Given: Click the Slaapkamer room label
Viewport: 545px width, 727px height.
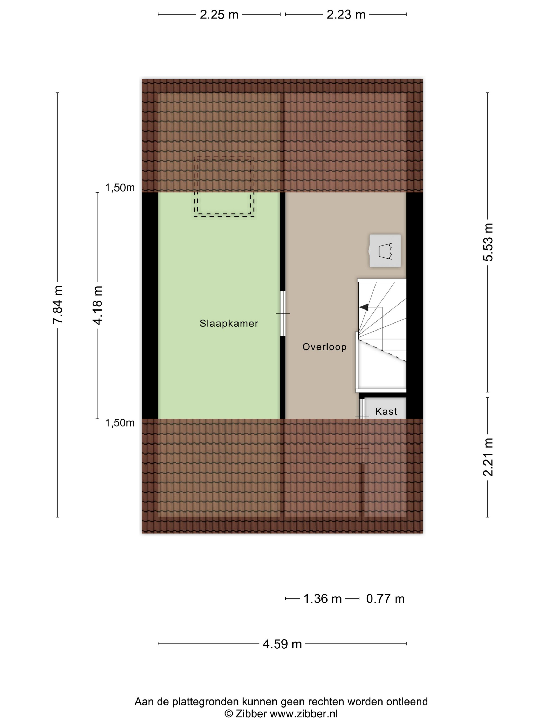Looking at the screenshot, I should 229,324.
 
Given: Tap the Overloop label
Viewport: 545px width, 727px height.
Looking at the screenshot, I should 324,347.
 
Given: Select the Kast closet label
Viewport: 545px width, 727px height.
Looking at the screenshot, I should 386,411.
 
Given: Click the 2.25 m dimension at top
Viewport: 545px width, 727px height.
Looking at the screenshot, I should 219,15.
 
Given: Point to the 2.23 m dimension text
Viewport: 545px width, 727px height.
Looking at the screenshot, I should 346,15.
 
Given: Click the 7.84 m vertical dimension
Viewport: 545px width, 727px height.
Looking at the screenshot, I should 58,305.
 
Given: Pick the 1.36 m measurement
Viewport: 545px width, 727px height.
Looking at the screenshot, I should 322,599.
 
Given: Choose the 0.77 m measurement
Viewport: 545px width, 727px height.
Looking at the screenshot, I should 385,599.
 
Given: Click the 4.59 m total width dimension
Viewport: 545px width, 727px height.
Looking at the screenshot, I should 282,644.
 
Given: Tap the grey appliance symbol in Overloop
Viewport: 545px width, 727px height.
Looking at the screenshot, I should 385,251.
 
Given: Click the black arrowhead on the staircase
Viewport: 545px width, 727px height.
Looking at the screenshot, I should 363,308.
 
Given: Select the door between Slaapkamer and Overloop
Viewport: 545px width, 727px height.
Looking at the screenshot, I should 283,314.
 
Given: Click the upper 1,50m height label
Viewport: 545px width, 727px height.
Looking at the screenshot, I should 120,188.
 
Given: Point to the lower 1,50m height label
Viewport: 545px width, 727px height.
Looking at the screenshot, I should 120,423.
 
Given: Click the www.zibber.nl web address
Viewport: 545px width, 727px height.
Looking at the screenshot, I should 304,713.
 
